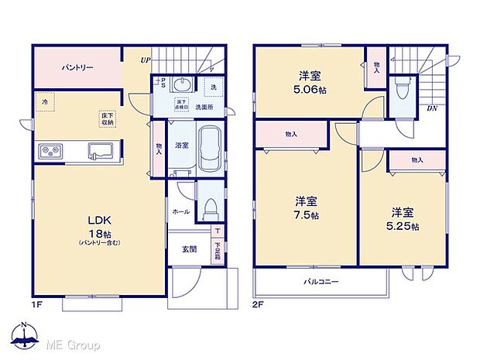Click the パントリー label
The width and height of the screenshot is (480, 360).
77,68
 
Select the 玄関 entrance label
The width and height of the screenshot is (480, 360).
189,249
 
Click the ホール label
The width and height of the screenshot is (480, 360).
180,210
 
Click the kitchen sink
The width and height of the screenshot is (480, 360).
101,150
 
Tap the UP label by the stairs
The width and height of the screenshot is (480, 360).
145,60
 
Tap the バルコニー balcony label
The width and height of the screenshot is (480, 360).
321,282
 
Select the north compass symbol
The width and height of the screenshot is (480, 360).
25,334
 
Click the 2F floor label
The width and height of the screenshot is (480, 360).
259,304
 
